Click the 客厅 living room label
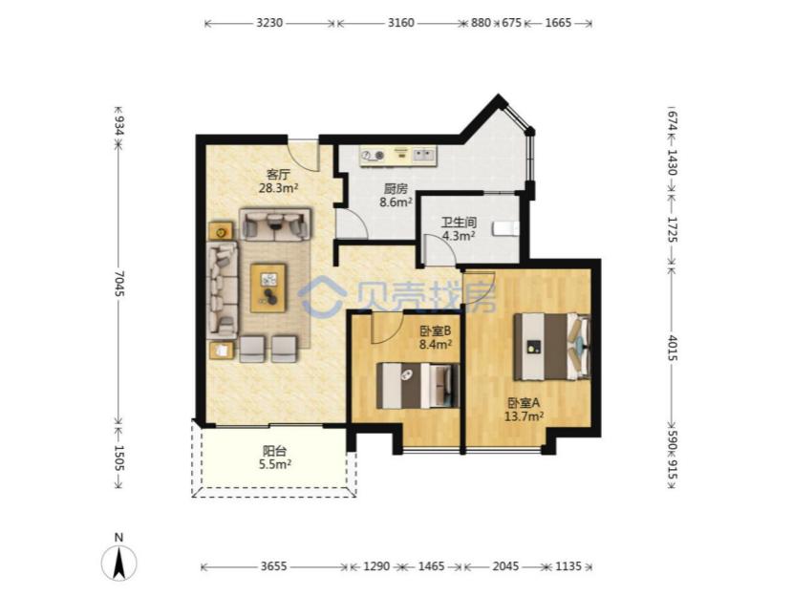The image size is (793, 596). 278,175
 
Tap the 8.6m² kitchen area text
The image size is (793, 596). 396,202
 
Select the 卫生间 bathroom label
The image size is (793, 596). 459,223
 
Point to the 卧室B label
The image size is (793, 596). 435,331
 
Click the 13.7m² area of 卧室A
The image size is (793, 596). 524,416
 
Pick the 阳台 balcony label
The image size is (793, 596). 274,451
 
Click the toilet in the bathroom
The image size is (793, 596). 505,229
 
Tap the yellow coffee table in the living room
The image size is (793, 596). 268,287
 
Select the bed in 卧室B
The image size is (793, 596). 418,385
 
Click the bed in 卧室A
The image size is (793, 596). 552,347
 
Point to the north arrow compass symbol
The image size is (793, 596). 118,564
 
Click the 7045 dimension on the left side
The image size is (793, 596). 118,285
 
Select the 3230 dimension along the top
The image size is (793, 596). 269,23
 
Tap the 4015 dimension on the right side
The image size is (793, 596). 672,349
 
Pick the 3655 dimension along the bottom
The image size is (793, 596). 273,566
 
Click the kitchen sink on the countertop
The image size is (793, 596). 424,155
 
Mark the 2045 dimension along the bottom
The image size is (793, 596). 505,566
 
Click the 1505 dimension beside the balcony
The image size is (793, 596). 118,458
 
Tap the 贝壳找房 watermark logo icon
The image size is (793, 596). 322,297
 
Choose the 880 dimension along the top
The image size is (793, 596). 481,23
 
